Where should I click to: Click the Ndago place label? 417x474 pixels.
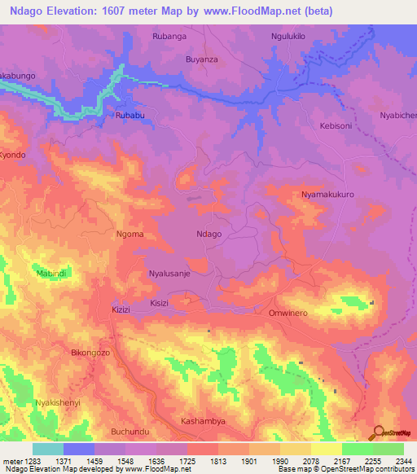point(209,234)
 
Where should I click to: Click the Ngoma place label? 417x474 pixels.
point(130,234)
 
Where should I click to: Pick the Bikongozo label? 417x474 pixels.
point(90,353)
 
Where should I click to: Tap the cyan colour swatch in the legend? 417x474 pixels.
point(48,449)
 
